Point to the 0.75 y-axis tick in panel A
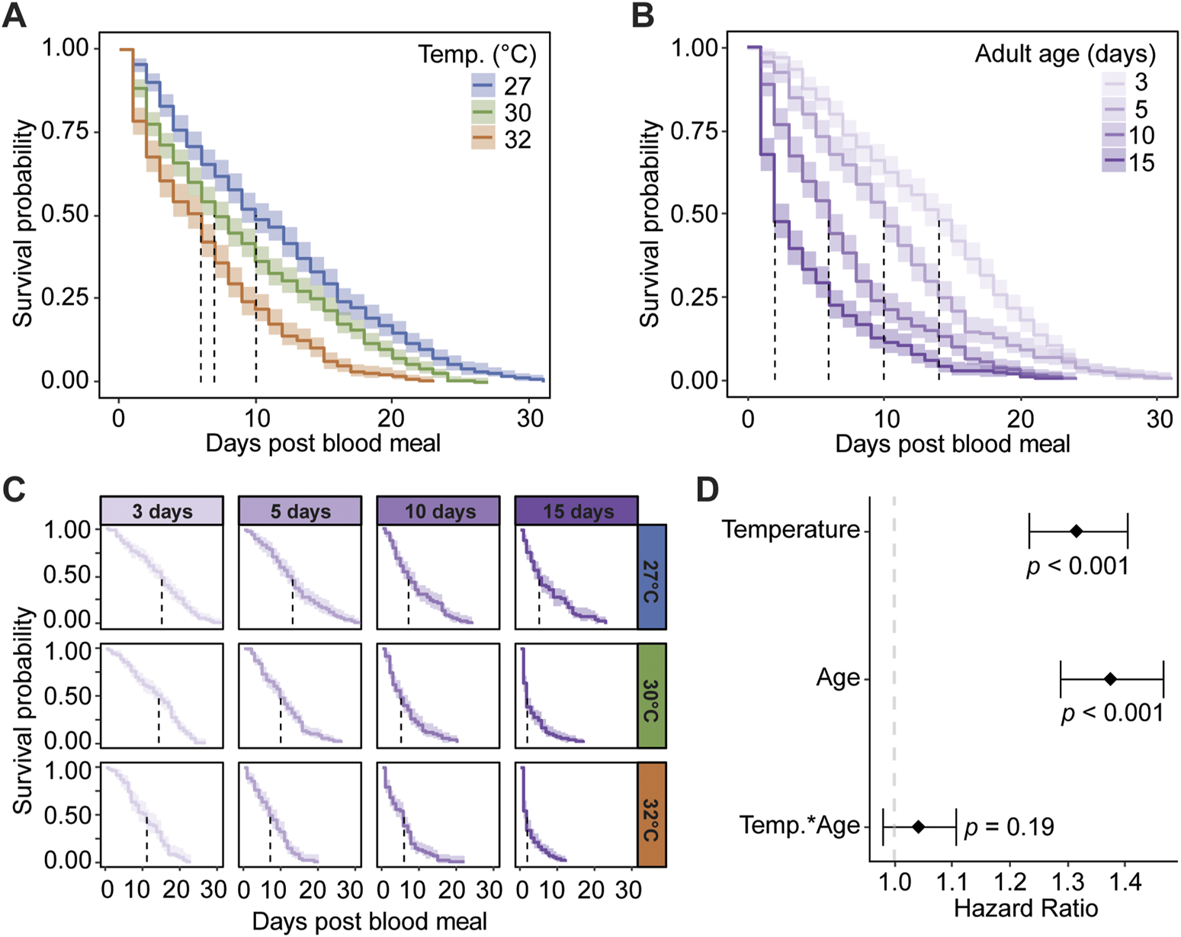pyautogui.click(x=65, y=131)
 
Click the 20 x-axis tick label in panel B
pyautogui.click(x=1020, y=419)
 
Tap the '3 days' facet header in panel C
pyautogui.click(x=162, y=511)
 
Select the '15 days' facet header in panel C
pyautogui.click(x=577, y=511)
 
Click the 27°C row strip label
pyautogui.click(x=652, y=576)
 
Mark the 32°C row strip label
pyautogui.click(x=652, y=814)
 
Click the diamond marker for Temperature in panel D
pyautogui.click(x=1077, y=531)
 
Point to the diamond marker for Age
pyautogui.click(x=1111, y=679)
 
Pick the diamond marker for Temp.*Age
pyautogui.click(x=919, y=826)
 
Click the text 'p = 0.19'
pyautogui.click(x=1009, y=826)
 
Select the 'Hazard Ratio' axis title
pyautogui.click(x=1025, y=909)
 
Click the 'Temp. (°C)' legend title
pyautogui.click(x=477, y=55)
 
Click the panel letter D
pyautogui.click(x=708, y=490)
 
